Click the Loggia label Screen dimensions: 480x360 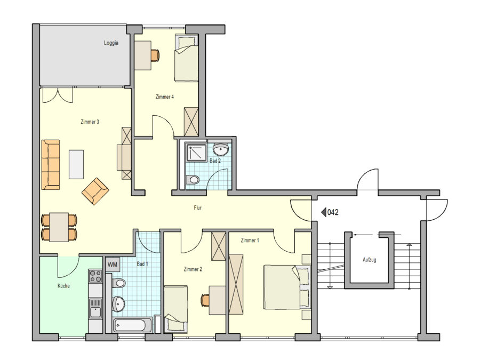111,43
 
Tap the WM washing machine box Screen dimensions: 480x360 113,265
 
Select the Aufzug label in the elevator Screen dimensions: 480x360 369,260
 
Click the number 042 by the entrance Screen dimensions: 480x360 333,212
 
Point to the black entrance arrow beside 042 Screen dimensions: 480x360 324,212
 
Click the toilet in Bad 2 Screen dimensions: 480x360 193,180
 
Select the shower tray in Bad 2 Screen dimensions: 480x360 196,153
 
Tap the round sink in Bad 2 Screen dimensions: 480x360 220,150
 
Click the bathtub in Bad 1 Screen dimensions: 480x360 133,325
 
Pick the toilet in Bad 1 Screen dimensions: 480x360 118,283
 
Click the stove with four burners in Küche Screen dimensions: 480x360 95,276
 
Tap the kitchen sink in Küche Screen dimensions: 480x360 95,309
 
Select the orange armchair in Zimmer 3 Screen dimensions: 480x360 95,191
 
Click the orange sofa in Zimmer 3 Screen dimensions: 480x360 51,165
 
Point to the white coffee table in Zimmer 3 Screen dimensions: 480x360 76,164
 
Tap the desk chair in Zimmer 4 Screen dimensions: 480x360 156,55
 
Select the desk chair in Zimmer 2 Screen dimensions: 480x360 205,300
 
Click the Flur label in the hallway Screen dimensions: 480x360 198,208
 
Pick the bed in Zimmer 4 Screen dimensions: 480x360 186,58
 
